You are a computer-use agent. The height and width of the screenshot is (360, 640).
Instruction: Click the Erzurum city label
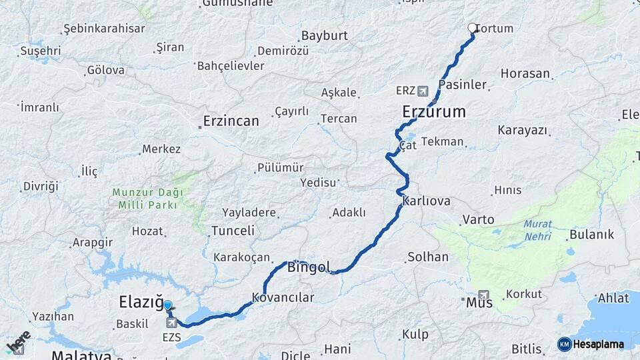click(434, 111)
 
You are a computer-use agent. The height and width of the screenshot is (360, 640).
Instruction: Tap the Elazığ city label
click(141, 303)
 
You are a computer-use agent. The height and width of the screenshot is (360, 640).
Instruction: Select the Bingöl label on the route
click(309, 268)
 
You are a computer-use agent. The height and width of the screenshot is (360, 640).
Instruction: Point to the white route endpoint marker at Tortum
click(473, 28)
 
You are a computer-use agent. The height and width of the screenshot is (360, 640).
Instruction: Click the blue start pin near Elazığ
click(167, 305)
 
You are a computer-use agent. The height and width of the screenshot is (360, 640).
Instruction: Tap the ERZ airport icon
click(422, 90)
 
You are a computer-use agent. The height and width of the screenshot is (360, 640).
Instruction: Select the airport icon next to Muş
click(483, 295)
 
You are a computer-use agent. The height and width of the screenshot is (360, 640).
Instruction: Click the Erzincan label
click(231, 121)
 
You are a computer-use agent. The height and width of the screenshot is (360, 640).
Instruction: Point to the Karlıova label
click(427, 201)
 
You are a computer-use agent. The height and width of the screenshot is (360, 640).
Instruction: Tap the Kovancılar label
click(283, 297)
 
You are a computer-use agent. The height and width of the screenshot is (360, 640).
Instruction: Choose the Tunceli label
click(233, 231)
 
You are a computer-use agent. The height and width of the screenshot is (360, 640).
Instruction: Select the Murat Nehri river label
click(537, 230)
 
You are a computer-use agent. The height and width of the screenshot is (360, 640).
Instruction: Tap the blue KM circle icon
click(564, 344)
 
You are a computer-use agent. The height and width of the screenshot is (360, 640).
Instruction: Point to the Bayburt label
click(325, 36)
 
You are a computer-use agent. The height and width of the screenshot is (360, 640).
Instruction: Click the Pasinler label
click(463, 85)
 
